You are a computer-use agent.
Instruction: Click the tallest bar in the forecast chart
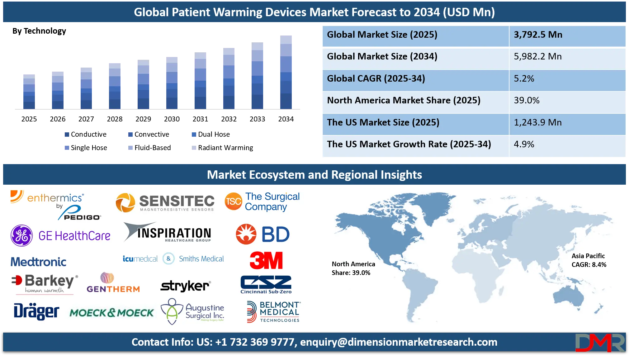tap(286, 72)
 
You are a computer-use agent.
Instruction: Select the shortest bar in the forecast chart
tap(29, 91)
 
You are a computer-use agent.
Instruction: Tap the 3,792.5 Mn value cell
tap(538, 35)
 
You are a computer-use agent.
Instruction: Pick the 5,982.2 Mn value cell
tap(538, 57)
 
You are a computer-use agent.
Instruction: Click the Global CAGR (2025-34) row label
tap(376, 78)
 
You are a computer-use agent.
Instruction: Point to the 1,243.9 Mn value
tap(538, 122)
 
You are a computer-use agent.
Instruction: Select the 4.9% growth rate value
tap(524, 144)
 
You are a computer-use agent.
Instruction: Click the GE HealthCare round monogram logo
tap(21, 236)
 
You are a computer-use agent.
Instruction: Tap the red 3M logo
tap(266, 260)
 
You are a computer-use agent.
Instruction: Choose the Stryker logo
tap(186, 286)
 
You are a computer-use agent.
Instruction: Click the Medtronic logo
tap(38, 262)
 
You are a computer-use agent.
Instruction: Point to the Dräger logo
tap(36, 311)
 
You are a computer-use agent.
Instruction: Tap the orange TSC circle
tap(233, 201)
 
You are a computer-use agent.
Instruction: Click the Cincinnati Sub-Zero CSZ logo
tap(266, 284)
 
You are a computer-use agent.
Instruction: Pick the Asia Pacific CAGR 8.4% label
tap(589, 260)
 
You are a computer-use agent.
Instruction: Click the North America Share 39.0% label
tap(353, 268)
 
